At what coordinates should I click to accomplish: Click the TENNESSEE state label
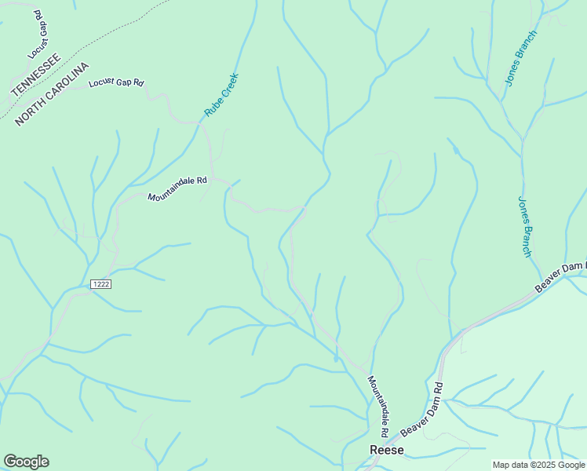pyautogui.click(x=35, y=75)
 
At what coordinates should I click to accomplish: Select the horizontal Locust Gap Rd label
pyautogui.click(x=117, y=82)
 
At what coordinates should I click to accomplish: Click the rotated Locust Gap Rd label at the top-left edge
pyautogui.click(x=37, y=35)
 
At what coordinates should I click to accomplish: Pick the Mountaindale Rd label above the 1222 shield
pyautogui.click(x=177, y=188)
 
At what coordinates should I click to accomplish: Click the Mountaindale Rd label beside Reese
pyautogui.click(x=378, y=406)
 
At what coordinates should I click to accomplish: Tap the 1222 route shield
pyautogui.click(x=100, y=284)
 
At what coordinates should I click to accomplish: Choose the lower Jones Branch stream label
pyautogui.click(x=525, y=226)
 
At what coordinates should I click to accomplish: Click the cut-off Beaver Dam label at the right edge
pyautogui.click(x=561, y=277)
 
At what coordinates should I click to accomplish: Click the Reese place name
pyautogui.click(x=387, y=450)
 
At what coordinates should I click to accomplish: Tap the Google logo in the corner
pyautogui.click(x=26, y=462)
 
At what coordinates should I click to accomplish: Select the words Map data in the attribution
pyautogui.click(x=511, y=465)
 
